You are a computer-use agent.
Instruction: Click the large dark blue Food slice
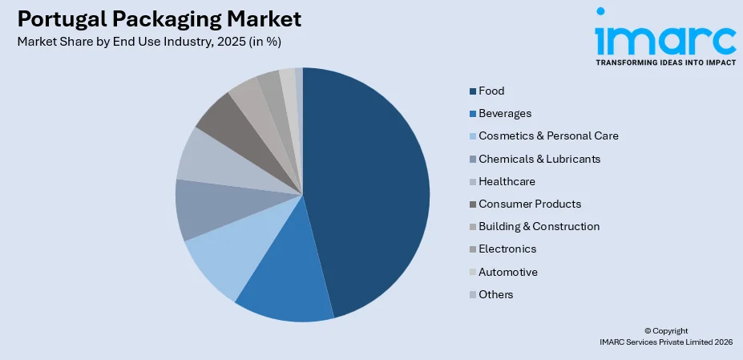(x=369, y=184)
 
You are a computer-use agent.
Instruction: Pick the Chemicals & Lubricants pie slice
(x=204, y=210)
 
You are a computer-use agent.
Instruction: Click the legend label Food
(x=491, y=91)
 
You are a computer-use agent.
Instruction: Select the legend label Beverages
(x=505, y=114)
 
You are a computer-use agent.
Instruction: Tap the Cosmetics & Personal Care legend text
(x=548, y=136)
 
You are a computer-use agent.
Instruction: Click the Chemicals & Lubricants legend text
(x=539, y=159)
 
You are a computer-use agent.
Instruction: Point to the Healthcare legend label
(x=507, y=181)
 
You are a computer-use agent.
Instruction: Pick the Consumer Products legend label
(x=530, y=204)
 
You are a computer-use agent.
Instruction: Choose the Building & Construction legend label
(x=539, y=227)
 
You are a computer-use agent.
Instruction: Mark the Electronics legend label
(x=507, y=249)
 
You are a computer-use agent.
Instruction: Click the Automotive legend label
(x=508, y=272)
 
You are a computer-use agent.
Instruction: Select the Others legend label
(x=496, y=294)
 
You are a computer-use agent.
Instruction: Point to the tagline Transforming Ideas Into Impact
(x=664, y=61)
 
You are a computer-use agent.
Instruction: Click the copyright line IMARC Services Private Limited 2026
(x=666, y=342)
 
